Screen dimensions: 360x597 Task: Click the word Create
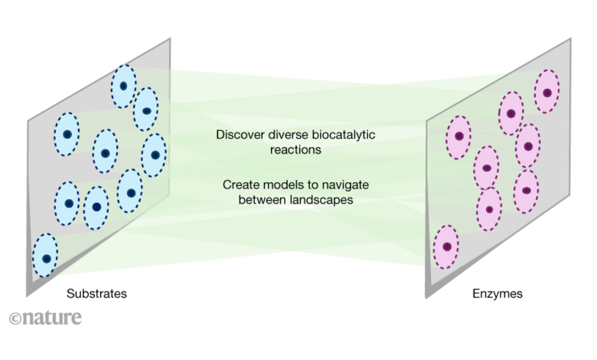(x=240, y=185)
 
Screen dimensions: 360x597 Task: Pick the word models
(x=279, y=185)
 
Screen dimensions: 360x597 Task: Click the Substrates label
(x=96, y=293)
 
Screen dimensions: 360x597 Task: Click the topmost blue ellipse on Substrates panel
(x=123, y=86)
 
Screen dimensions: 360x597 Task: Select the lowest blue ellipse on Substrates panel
(x=46, y=257)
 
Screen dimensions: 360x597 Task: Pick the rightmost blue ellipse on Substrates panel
(x=155, y=155)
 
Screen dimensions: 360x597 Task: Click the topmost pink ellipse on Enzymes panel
(x=547, y=92)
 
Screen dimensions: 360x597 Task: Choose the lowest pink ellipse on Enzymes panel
(x=446, y=247)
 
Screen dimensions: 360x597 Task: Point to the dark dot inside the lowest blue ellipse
(x=47, y=259)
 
